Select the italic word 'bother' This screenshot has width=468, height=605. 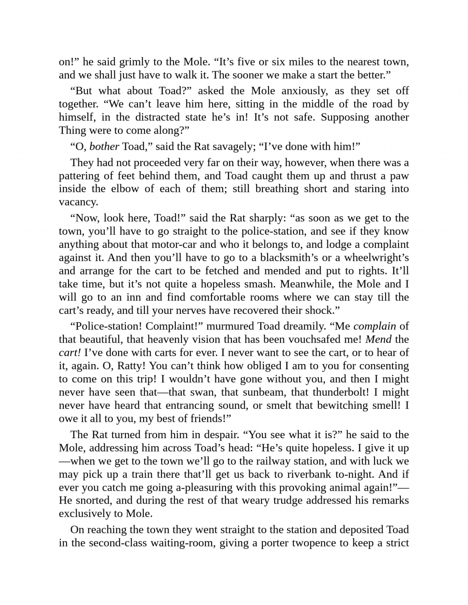tap(104, 147)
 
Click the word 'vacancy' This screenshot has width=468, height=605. tap(78, 202)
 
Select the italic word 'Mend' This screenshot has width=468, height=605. tap(378, 340)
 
